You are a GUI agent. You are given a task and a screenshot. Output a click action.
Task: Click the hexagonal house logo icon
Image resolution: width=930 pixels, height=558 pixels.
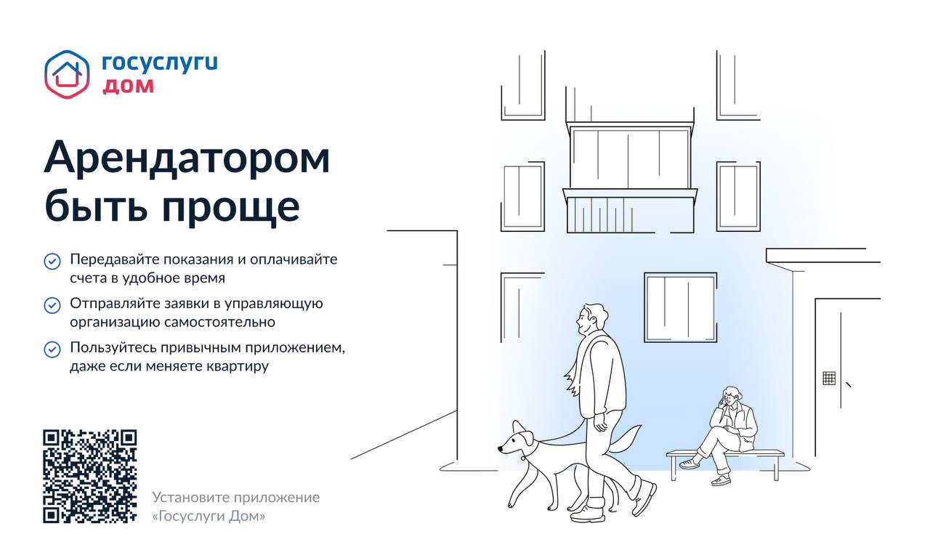pos(67,74)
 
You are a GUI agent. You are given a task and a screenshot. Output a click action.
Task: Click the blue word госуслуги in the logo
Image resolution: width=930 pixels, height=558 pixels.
pos(160,64)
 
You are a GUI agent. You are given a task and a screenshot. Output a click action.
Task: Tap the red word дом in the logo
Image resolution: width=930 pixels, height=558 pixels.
pos(129,86)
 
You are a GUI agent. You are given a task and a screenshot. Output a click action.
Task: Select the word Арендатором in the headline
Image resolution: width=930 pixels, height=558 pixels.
pos(187,157)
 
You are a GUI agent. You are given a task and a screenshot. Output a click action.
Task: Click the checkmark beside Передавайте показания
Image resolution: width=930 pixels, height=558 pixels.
pos(52,262)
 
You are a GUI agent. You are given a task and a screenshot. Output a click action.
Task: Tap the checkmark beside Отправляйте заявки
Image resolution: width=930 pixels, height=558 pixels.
pos(52,306)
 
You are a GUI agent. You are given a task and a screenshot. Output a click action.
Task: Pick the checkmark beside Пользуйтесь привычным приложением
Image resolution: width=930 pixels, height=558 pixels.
pos(52,349)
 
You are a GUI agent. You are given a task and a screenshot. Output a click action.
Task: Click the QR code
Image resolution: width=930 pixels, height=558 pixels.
pos(90,476)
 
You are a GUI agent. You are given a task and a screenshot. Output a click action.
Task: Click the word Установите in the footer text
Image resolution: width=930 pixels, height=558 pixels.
pos(191,498)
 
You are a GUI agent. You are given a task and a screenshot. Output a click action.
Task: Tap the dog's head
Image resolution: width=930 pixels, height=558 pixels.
pos(517,440)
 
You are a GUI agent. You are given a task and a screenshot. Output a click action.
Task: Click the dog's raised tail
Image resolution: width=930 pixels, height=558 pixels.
pos(624,440)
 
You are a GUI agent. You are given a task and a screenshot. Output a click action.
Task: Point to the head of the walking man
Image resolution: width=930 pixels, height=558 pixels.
pos(591,318)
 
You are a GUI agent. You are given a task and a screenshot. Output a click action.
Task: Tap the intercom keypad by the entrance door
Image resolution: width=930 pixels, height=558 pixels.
pos(829,379)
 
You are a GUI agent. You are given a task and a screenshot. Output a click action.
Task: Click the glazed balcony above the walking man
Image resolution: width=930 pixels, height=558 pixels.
pos(630,179)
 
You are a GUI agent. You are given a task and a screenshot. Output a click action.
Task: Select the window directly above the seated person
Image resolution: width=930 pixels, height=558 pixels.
pos(681,307)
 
